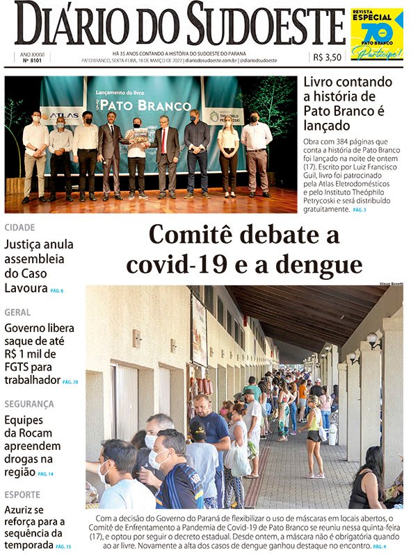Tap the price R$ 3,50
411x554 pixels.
pyautogui.click(x=327, y=58)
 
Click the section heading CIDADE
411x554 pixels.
pyautogui.click(x=19, y=227)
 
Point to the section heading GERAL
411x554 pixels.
pyautogui.click(x=17, y=312)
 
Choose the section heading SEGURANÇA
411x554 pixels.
pyautogui.click(x=29, y=404)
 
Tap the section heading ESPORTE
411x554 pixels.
pyautogui.click(x=22, y=495)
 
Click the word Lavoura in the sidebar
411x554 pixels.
pyautogui.click(x=25, y=288)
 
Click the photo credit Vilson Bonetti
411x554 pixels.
pyautogui.click(x=390, y=283)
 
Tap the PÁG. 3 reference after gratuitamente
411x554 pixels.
pyautogui.click(x=359, y=210)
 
